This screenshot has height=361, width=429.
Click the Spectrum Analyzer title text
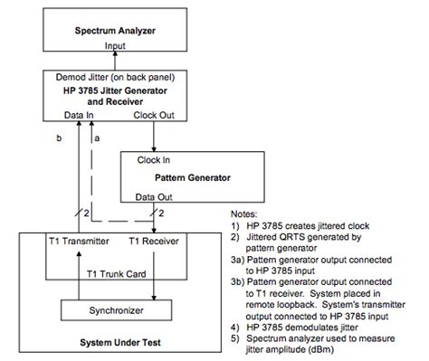point(117,30)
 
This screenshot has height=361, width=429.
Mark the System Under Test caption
point(118,344)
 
